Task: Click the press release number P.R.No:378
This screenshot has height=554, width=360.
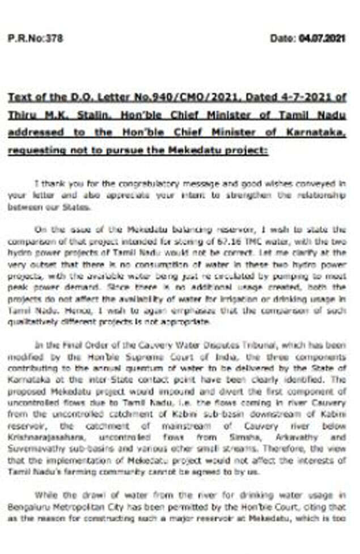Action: (x=35, y=39)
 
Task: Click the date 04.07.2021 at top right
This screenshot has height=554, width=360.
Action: (x=321, y=39)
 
